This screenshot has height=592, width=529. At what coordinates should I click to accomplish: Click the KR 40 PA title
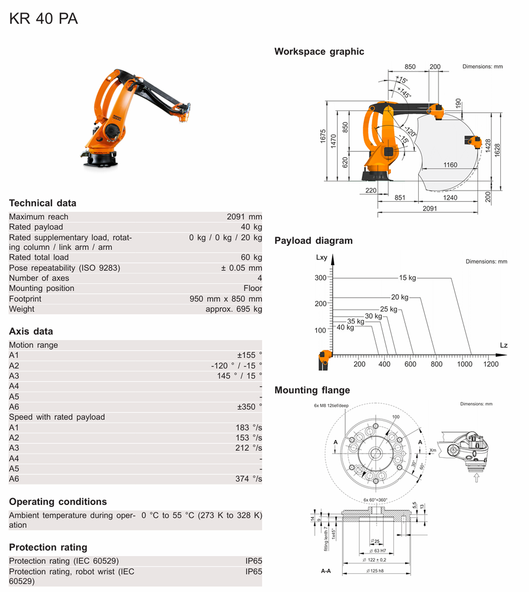click(43, 19)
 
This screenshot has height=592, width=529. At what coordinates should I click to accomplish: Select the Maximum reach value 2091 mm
click(244, 217)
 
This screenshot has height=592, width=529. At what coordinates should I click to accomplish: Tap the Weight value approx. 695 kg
click(233, 309)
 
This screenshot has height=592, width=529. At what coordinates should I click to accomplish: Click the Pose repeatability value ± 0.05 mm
click(241, 268)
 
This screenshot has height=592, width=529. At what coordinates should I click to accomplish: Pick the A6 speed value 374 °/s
click(248, 479)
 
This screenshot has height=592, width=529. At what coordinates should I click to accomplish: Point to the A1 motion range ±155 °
click(249, 355)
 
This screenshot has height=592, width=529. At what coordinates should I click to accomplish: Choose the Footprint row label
click(25, 299)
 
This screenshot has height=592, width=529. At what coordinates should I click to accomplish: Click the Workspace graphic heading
click(319, 52)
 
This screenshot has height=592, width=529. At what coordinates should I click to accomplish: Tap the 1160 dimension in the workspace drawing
click(450, 165)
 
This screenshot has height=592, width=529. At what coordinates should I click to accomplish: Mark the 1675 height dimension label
click(323, 136)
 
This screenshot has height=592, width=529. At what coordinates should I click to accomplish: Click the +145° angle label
click(404, 92)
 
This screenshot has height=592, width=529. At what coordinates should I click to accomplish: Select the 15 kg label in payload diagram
click(407, 278)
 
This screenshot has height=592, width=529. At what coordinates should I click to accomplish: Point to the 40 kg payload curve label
click(345, 327)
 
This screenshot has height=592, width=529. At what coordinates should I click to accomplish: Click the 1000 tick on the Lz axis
click(465, 364)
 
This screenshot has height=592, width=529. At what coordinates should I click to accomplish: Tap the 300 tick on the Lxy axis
click(320, 278)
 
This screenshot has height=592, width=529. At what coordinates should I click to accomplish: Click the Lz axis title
click(504, 345)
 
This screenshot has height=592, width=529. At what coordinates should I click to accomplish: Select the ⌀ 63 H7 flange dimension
click(378, 551)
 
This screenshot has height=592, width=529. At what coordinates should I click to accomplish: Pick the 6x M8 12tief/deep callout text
click(331, 405)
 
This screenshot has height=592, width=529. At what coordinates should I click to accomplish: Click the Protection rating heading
click(48, 547)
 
